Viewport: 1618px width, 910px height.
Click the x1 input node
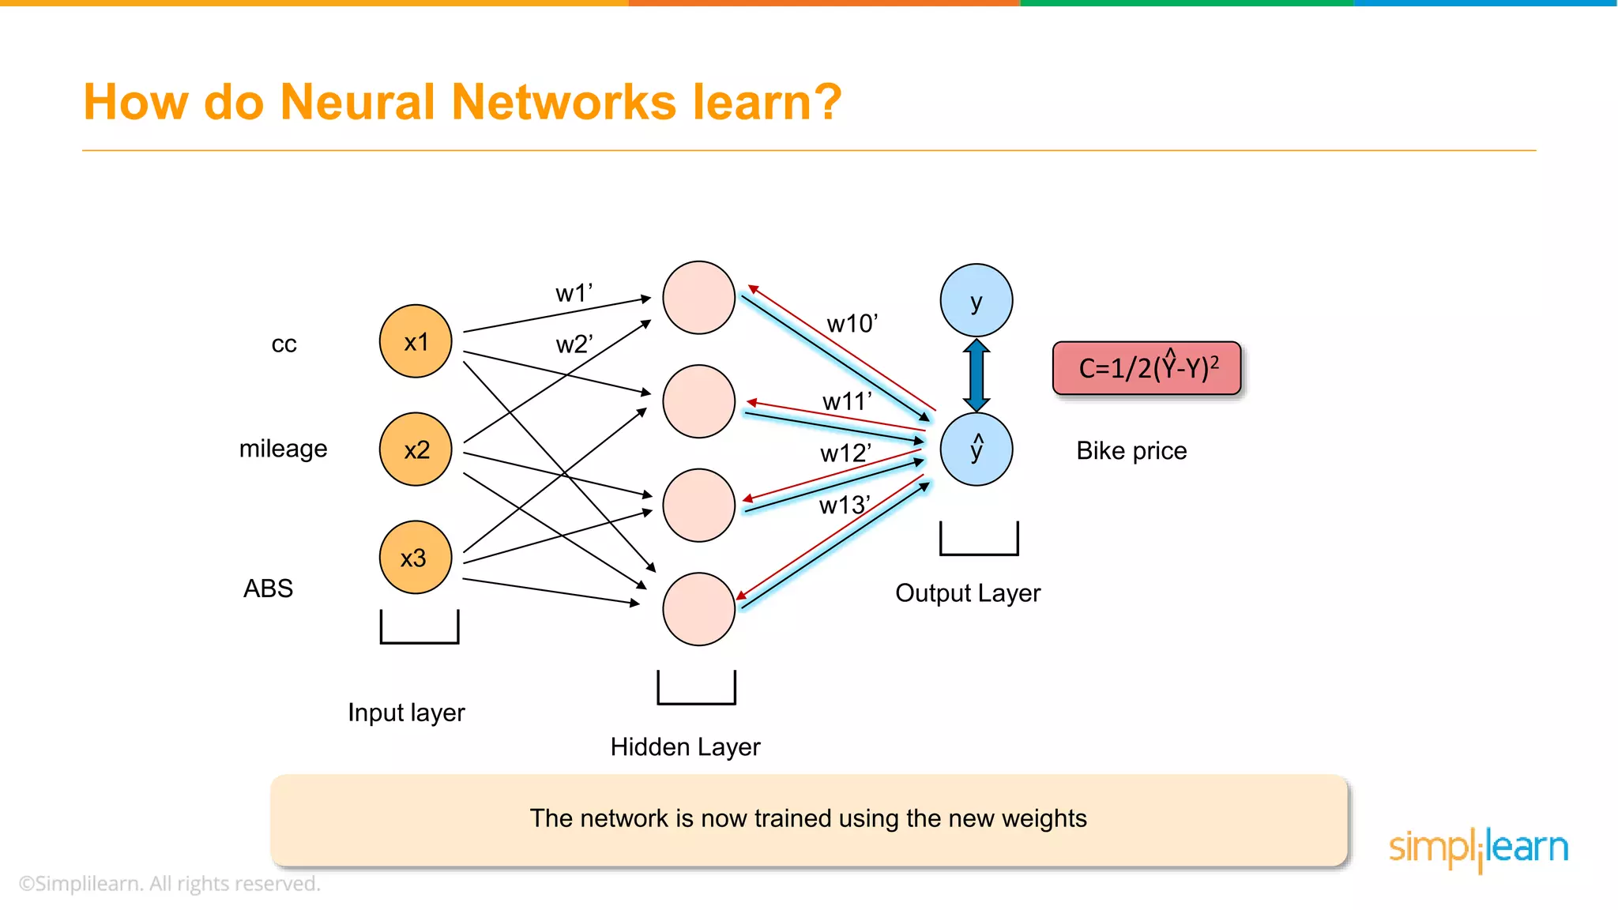416,341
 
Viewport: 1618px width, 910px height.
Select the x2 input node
416,449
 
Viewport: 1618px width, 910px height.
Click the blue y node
976,301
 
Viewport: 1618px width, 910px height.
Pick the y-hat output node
976,449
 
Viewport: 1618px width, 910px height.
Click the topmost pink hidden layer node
699,298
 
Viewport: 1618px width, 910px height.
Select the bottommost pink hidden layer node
699,609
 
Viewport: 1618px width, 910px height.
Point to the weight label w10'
852,324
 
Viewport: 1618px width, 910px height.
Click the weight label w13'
844,506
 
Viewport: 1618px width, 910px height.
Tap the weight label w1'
574,294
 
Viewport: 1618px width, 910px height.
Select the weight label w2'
574,345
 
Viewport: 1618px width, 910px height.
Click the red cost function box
1147,368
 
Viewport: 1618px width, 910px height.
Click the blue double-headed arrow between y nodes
976,375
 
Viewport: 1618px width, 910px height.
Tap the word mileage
283,449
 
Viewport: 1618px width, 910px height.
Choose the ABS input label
268,588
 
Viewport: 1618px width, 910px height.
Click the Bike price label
1131,451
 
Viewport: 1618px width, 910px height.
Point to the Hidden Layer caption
685,747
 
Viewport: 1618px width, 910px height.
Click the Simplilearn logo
1478,848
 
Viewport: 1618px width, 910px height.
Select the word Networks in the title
564,103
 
